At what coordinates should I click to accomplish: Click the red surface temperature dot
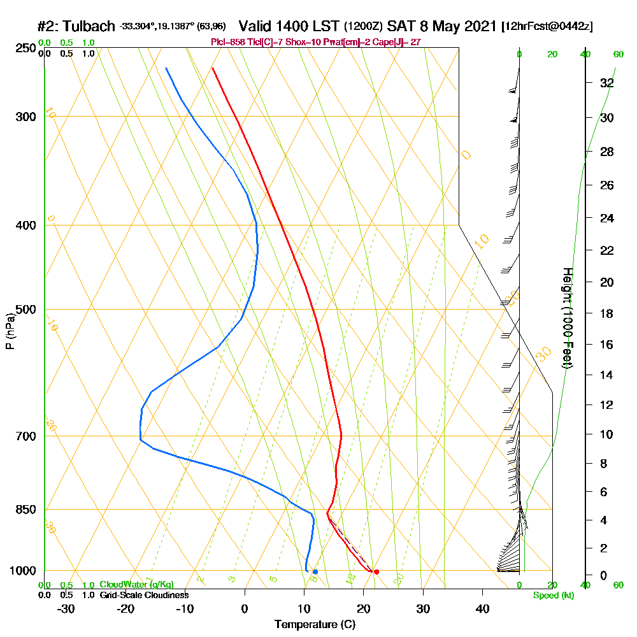(376, 571)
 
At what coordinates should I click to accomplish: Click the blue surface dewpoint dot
(315, 571)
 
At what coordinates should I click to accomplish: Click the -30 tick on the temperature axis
(66, 609)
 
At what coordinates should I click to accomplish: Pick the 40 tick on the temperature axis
(482, 609)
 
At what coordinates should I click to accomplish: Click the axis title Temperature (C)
(315, 625)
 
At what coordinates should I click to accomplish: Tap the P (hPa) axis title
(10, 331)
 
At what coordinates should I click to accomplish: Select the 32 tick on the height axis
(607, 83)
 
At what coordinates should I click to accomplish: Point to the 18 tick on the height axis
(607, 313)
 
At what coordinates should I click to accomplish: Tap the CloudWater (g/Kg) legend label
(136, 585)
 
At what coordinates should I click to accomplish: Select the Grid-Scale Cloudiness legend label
(143, 595)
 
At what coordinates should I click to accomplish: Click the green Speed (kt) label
(554, 595)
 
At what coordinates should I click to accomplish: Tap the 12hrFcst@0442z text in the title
(547, 27)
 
